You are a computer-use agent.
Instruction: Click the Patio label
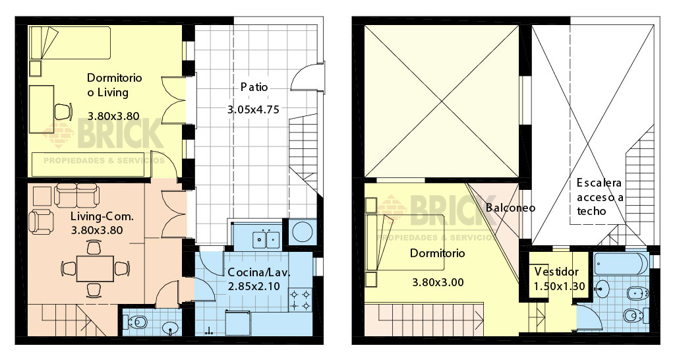(x=254, y=88)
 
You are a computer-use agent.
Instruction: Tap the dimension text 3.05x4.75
(x=253, y=110)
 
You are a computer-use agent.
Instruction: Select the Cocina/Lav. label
(x=259, y=272)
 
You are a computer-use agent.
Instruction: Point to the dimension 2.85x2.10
(x=254, y=287)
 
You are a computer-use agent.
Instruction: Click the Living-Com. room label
(x=102, y=216)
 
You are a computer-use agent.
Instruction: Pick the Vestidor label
(x=556, y=272)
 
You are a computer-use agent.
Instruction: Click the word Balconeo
(x=510, y=207)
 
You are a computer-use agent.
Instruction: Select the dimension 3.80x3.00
(x=438, y=282)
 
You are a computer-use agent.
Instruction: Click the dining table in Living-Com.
(x=93, y=268)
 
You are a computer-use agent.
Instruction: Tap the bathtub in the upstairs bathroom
(x=620, y=264)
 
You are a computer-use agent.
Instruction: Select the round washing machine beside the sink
(x=303, y=233)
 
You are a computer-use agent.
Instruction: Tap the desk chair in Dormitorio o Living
(x=62, y=111)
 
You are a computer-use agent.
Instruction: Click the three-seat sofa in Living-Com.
(x=76, y=195)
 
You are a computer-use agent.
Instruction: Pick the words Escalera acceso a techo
(x=599, y=196)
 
